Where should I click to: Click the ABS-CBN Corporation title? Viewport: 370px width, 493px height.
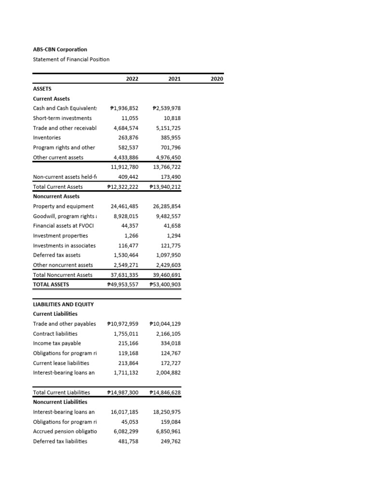[60, 49]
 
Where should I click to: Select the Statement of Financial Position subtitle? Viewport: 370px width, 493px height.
[71, 59]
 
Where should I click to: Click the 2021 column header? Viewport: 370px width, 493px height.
[174, 78]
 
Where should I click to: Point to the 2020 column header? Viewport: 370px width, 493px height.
[217, 78]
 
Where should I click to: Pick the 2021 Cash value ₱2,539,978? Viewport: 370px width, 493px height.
[166, 108]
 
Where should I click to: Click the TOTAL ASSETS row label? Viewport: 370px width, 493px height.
[51, 285]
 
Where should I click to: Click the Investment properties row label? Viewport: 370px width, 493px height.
[60, 235]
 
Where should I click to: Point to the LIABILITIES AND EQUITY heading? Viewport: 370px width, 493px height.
[63, 304]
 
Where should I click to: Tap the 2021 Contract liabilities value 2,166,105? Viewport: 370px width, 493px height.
[168, 334]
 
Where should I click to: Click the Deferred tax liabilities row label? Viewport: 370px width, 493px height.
[60, 441]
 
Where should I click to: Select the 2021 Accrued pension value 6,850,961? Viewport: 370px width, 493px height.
[168, 431]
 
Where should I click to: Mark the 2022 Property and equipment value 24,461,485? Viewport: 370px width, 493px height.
[124, 206]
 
